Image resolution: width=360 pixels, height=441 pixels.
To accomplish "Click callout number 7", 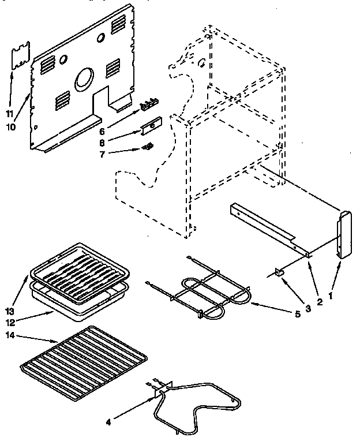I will (102, 154).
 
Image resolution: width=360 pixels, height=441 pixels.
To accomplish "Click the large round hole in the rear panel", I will (84, 78).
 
